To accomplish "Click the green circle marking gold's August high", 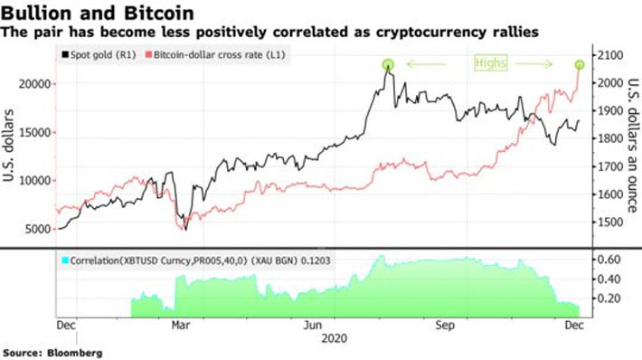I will point(389,64).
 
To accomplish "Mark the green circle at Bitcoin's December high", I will point(580,64).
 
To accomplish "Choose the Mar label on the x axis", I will point(182,323).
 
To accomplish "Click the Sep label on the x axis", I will point(443,323).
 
